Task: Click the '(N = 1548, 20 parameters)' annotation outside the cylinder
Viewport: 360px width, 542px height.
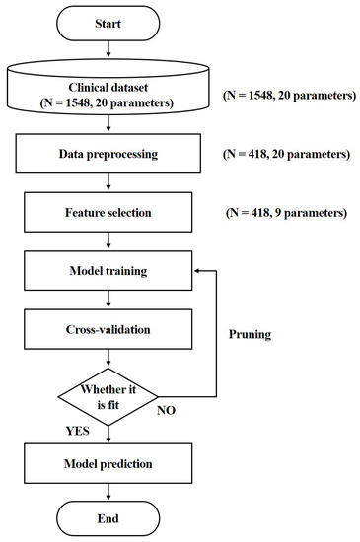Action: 287,96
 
